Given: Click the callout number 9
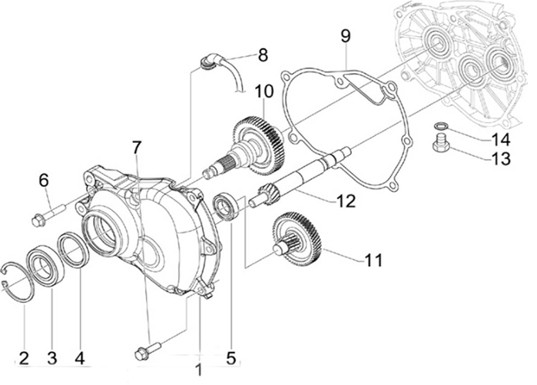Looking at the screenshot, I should [x=345, y=35].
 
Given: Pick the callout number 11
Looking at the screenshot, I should [x=373, y=260].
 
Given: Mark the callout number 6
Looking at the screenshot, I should [x=44, y=181].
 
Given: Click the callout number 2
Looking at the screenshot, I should [x=24, y=357].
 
